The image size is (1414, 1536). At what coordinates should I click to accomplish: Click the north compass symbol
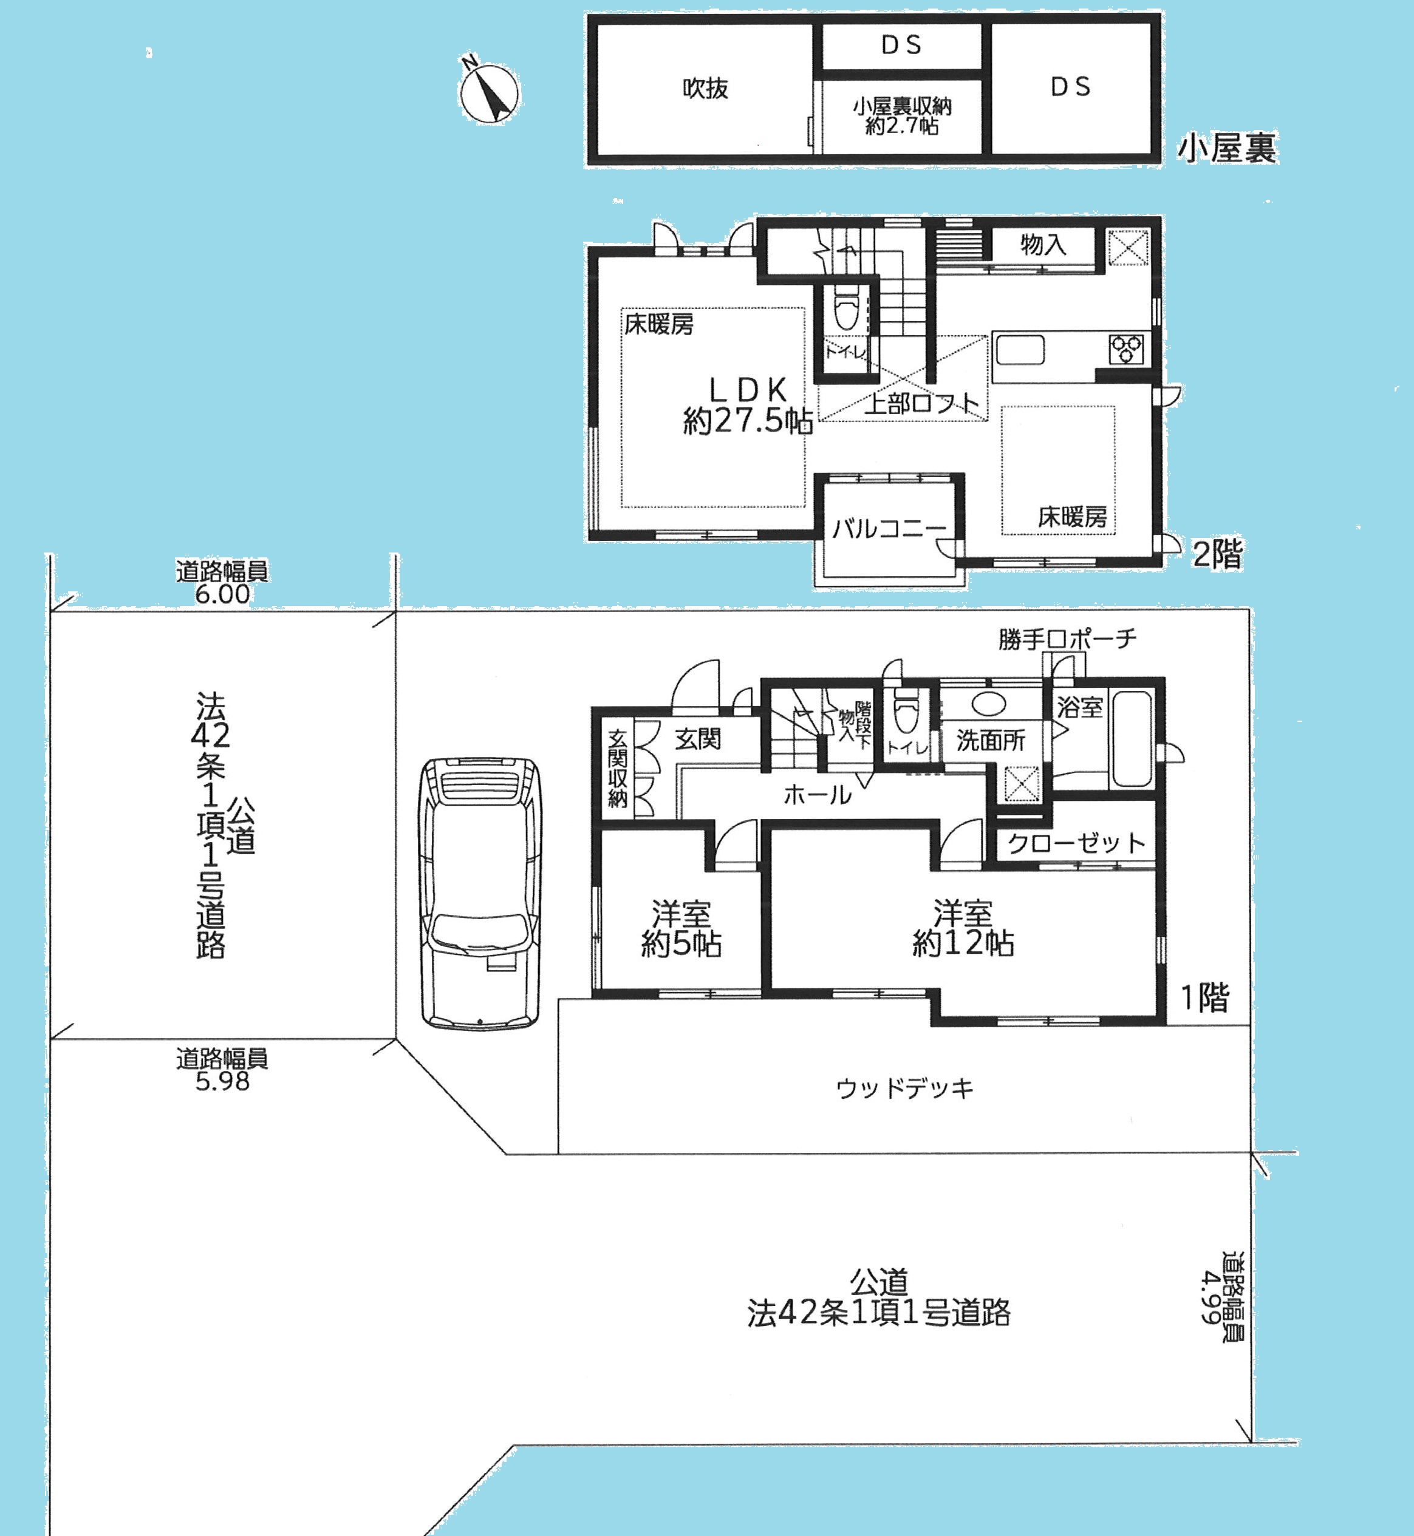pyautogui.click(x=488, y=92)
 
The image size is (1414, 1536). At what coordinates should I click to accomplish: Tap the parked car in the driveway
pyautogui.click(x=480, y=892)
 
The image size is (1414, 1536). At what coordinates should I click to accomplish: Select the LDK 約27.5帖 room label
pyautogui.click(x=748, y=406)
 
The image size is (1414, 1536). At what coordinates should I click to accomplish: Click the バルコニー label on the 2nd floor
pyautogui.click(x=889, y=528)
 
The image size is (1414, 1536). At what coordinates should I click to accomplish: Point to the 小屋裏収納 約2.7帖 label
pyautogui.click(x=902, y=117)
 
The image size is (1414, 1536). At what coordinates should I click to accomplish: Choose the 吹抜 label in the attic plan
pyautogui.click(x=705, y=89)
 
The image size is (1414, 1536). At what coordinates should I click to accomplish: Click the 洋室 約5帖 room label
pyautogui.click(x=681, y=929)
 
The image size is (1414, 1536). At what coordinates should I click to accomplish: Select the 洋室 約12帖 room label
pyautogui.click(x=963, y=929)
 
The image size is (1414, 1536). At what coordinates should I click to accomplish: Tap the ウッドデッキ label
pyautogui.click(x=905, y=1088)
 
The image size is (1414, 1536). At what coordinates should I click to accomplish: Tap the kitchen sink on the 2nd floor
pyautogui.click(x=1020, y=351)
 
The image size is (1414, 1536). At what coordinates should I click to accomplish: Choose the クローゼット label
pyautogui.click(x=1076, y=843)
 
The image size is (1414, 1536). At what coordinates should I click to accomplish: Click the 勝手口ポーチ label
pyautogui.click(x=1067, y=639)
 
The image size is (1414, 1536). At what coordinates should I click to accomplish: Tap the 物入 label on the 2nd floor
pyautogui.click(x=1043, y=245)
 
